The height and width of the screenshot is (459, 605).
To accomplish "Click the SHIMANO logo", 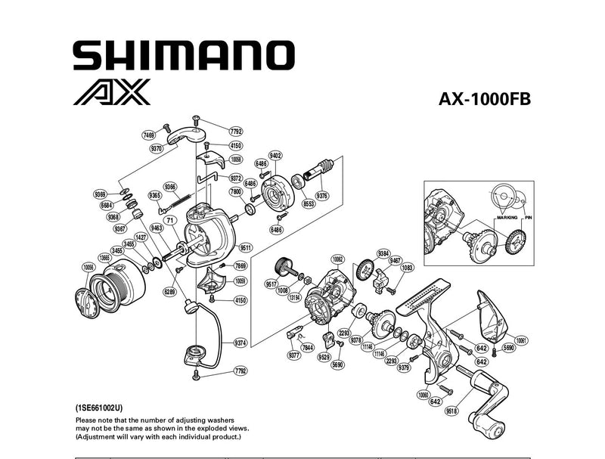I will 183,55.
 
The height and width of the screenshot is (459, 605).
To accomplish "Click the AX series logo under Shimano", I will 113,92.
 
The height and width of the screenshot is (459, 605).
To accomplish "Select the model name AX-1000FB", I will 485,100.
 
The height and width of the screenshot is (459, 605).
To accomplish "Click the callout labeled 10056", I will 88,267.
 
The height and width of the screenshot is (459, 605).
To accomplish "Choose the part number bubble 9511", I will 245,247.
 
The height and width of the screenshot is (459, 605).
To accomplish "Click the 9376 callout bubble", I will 322,196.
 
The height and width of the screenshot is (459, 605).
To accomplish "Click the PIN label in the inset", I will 529,217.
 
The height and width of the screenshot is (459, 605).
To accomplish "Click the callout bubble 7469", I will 149,135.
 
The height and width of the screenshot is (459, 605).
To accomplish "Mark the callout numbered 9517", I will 270,284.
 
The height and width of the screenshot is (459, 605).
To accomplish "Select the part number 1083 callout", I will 407,268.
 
